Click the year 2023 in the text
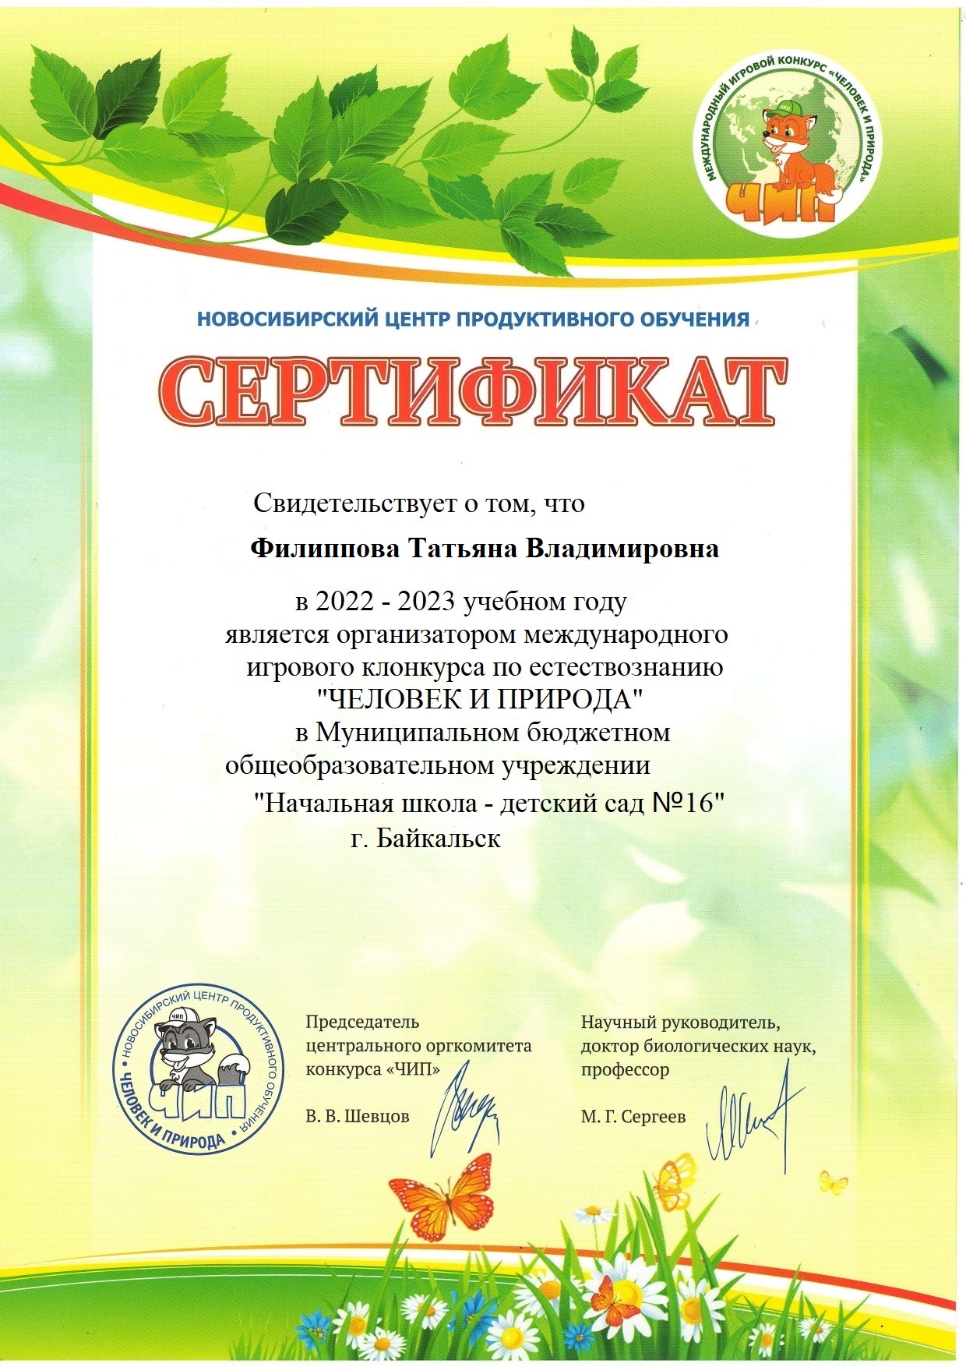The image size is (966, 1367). pos(427,602)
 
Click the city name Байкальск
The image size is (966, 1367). pos(438,839)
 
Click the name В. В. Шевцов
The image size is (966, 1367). pos(357,1116)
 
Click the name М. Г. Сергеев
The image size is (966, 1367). pos(633,1117)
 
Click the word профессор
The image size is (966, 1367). pos(624,1069)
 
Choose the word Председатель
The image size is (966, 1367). pos(361,1022)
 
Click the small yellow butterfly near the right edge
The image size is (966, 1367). pos(834,1185)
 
